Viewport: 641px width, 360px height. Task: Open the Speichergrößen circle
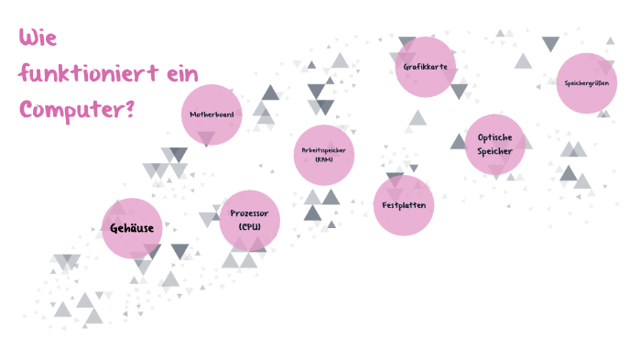tap(586, 82)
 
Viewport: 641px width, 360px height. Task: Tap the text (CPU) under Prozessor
tap(250, 226)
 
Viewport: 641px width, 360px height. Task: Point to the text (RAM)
tap(323, 159)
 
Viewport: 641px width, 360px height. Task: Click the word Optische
tap(495, 137)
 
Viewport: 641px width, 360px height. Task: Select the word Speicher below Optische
tap(495, 151)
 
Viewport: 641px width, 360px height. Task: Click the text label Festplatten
tap(403, 205)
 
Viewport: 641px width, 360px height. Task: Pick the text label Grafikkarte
tap(426, 67)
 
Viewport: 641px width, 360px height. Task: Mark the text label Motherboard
tap(212, 115)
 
